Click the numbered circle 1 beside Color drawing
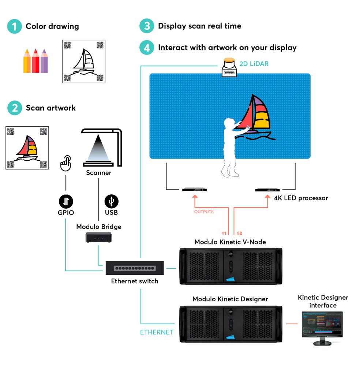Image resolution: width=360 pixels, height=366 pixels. pos(14,26)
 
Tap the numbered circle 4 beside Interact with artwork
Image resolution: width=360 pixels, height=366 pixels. pos(147,48)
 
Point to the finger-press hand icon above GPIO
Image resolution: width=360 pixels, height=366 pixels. pos(66,164)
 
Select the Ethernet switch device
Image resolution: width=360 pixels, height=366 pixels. pos(135,268)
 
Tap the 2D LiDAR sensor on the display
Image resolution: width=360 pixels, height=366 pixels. pos(229,68)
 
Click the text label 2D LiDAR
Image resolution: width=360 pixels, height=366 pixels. pos(254,64)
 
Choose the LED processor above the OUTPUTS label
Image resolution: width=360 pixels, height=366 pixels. pos(195,190)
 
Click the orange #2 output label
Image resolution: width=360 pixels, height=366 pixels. pos(240,233)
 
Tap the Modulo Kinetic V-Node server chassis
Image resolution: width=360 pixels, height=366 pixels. pos(230,266)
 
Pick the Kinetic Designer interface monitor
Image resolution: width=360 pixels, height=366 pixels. pos(322,327)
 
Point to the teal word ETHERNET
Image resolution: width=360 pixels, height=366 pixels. pos(157,332)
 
